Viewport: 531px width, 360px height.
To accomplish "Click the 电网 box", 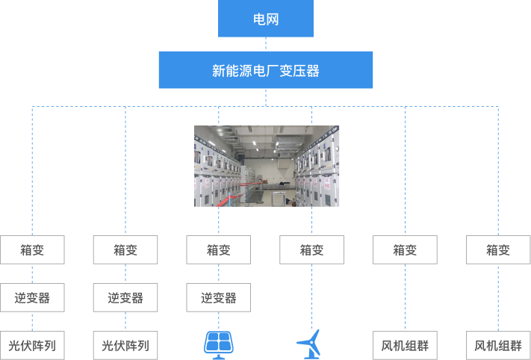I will click(265, 19).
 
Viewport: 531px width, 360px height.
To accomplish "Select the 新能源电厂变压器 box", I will click(265, 70).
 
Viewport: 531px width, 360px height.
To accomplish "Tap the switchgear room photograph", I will click(267, 166).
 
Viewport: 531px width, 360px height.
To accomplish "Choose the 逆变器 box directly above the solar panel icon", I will click(219, 298).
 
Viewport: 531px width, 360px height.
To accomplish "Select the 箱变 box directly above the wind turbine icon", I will click(312, 250).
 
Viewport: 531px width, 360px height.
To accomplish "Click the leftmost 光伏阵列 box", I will click(32, 346).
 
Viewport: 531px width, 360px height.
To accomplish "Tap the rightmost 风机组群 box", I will click(498, 346).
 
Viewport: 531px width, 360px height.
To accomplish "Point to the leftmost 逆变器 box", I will click(32, 298).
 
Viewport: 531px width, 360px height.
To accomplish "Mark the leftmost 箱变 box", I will click(32, 250).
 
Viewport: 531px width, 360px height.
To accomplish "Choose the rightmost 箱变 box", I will click(498, 250).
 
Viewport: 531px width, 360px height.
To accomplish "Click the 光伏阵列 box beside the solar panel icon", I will click(125, 346).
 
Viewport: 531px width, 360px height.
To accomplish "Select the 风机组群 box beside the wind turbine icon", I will click(405, 346).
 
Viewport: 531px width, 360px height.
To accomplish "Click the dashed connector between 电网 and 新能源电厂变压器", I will click(266, 44).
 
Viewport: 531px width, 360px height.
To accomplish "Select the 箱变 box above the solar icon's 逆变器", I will click(219, 250).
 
